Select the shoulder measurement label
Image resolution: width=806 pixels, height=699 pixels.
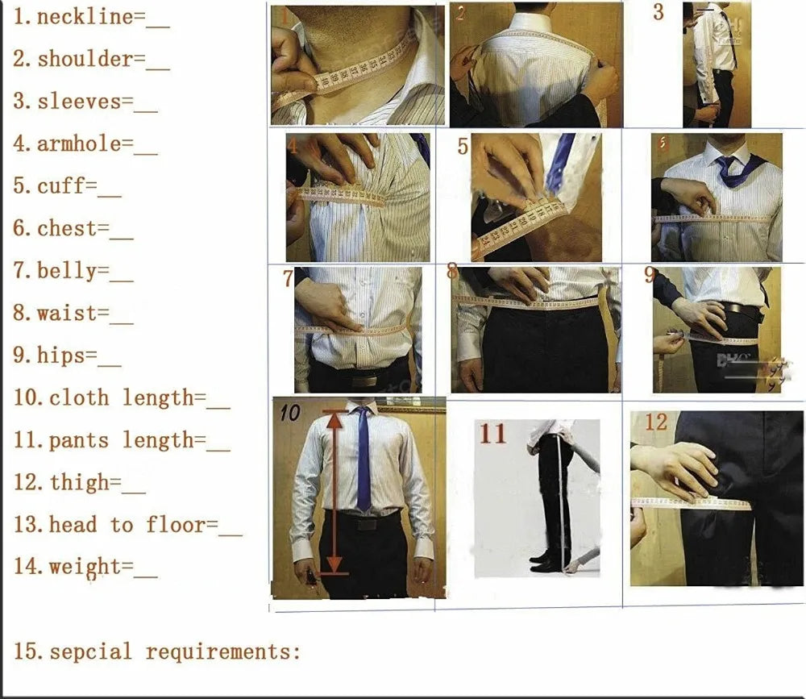pos(85,59)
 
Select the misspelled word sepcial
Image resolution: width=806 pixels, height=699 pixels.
pos(90,651)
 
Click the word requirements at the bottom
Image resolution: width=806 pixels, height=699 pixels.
pos(223,651)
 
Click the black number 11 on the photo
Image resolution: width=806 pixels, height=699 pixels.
pos(493,434)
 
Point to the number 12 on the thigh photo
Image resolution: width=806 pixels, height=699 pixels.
pos(656,422)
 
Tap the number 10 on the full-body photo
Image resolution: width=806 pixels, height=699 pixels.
pos(290,414)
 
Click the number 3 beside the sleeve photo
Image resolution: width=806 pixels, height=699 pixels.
pos(659,13)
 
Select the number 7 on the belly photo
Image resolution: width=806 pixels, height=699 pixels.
pos(288,279)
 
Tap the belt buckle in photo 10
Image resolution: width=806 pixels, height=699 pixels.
pos(367,523)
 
